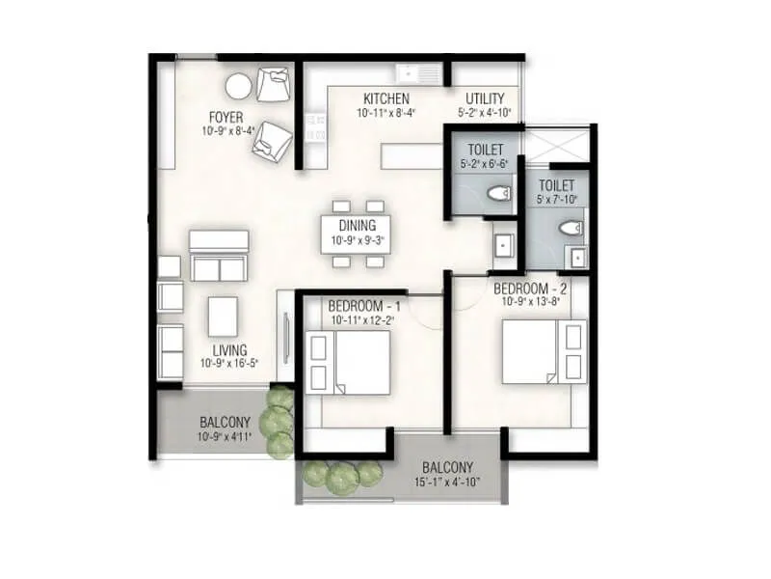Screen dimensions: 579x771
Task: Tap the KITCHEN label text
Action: pos(385,98)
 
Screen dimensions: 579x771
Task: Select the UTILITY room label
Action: pos(485,98)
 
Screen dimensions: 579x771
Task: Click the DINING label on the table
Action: pos(357,226)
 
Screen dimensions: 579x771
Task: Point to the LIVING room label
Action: pos(223,349)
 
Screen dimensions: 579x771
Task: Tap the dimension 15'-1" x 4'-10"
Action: pos(445,482)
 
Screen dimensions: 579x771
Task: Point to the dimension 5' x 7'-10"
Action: pos(556,201)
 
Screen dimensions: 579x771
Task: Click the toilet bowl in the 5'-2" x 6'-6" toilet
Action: pos(499,195)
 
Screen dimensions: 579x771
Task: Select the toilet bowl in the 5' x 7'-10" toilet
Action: pos(572,229)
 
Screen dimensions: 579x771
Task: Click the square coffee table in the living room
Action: pos(223,314)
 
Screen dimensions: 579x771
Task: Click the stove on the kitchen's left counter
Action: pos(314,127)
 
